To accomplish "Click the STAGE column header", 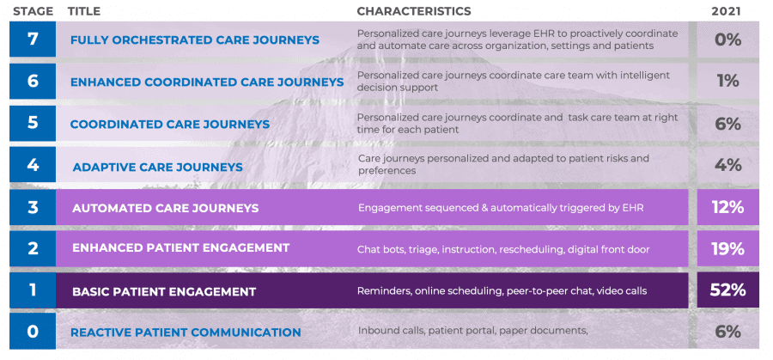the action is point(32,11).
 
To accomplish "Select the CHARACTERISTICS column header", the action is point(414,11).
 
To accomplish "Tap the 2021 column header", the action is point(726,11).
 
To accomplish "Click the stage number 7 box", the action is point(33,39).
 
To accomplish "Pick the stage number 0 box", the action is point(33,331).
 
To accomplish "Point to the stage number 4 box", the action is point(33,165).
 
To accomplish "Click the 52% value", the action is point(727,290).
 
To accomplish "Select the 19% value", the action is point(727,249).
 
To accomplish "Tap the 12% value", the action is point(727,208).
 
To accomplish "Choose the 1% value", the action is point(728,81).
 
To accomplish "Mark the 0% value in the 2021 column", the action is point(728,40).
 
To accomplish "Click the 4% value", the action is point(728,165).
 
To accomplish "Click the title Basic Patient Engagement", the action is point(164,291).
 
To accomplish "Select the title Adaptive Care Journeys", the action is point(158,168).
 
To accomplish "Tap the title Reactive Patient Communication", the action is point(186,333).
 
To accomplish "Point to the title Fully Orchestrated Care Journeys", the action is point(195,40).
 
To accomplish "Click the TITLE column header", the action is point(84,11).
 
